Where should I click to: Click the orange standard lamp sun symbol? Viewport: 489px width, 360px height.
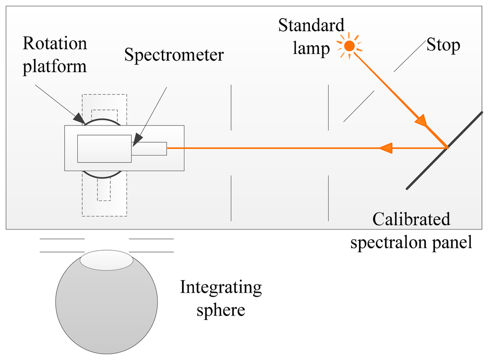[x=350, y=46]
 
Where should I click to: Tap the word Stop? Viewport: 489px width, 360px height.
[x=443, y=45]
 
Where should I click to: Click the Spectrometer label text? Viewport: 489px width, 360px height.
[x=174, y=55]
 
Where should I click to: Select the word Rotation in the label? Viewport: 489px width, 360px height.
[x=55, y=44]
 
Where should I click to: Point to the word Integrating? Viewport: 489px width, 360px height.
[x=221, y=287]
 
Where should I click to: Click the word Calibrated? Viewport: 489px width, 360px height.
[x=411, y=219]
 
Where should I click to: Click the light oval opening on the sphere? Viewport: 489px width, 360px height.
[x=106, y=260]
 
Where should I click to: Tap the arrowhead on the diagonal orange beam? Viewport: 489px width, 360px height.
[x=421, y=121]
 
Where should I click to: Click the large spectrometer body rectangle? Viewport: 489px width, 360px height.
[x=104, y=148]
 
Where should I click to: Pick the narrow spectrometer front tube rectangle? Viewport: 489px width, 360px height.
[x=149, y=148]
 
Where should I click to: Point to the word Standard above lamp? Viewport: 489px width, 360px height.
[x=311, y=25]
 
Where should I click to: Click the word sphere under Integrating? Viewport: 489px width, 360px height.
[x=220, y=310]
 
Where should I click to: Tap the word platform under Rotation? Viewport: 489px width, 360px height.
[x=55, y=66]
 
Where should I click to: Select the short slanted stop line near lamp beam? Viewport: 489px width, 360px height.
[x=359, y=106]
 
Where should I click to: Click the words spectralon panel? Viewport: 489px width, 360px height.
[x=411, y=242]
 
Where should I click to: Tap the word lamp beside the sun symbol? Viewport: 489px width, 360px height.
[x=311, y=49]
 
